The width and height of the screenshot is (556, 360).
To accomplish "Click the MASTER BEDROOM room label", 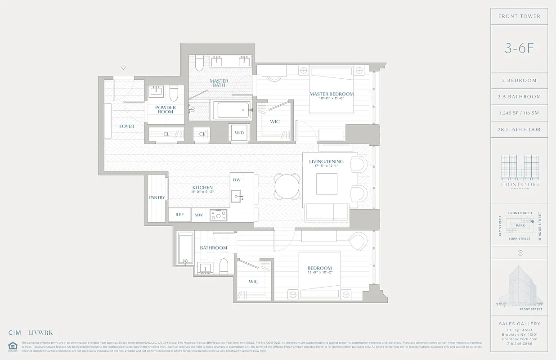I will coord(332,94).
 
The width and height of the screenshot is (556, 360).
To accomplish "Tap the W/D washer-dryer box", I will coord(239,132).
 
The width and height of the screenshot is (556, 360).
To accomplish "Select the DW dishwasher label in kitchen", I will coord(237,180).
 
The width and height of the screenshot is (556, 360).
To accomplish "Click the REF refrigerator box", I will coord(179,215).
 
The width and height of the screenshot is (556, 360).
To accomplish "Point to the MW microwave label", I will coord(198,215).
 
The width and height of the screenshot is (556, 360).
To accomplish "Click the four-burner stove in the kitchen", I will coord(218,215).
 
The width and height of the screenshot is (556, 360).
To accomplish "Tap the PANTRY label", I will coord(157,198).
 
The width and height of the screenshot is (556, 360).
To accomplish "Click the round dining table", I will coord(287,186).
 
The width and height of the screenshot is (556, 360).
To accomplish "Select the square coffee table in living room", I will coord(327,183).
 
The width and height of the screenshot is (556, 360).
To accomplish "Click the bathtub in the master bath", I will coord(231,110).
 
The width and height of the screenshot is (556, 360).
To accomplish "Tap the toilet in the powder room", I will coord(174,93).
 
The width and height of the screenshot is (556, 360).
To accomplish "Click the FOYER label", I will coord(127,126).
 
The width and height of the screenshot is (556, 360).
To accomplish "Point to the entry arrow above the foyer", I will coord(124,68).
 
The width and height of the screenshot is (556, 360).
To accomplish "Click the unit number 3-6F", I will coord(519,49).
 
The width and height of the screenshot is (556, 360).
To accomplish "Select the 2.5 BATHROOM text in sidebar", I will coord(519,97).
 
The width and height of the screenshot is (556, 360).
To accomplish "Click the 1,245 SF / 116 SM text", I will coord(519,113).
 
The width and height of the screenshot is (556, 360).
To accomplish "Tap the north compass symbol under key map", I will coord(520,252).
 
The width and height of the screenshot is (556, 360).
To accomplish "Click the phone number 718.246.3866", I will coord(519,343).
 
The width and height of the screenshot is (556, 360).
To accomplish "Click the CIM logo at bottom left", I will coord(15,333).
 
